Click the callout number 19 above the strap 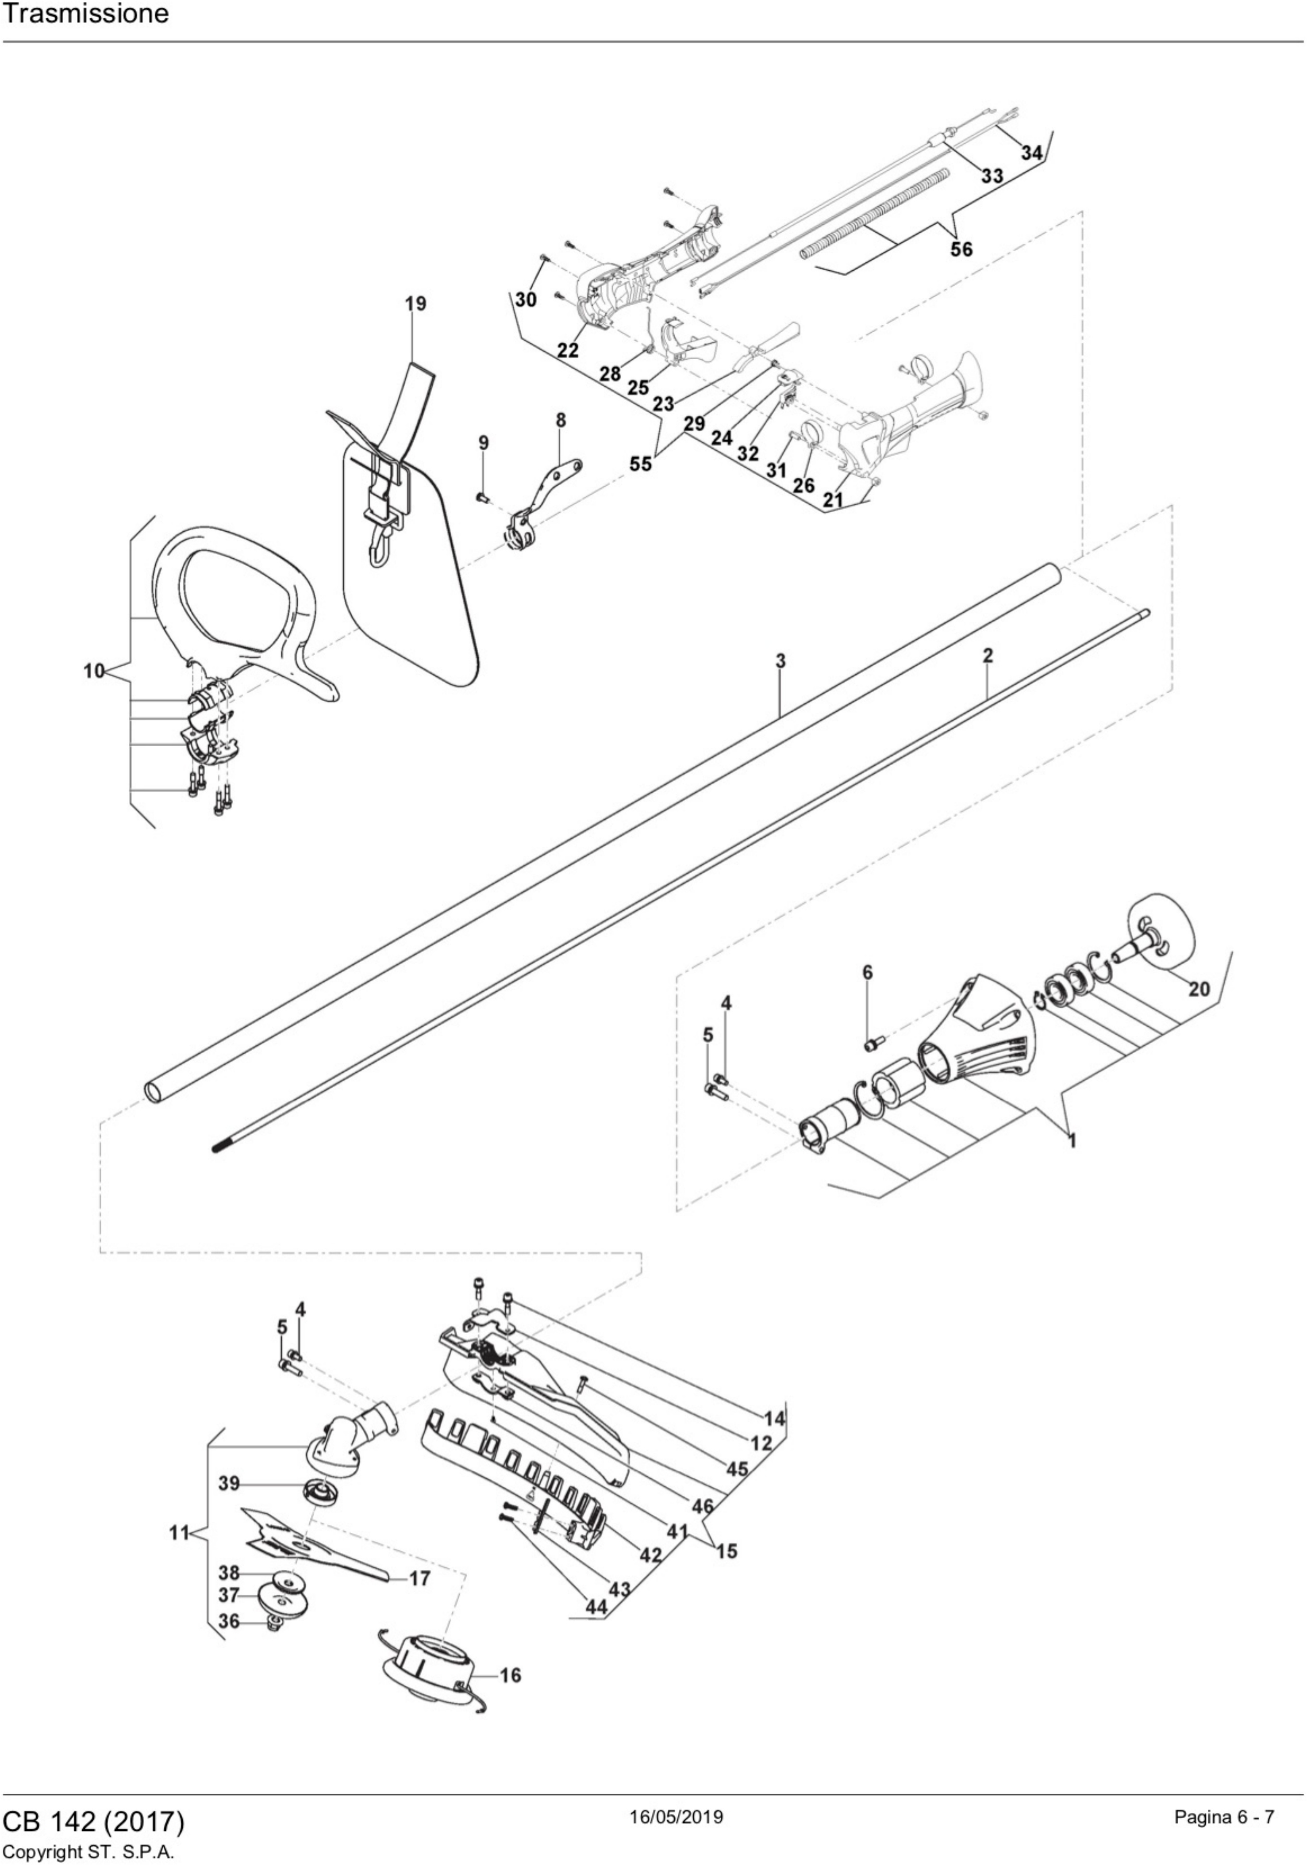click(x=415, y=304)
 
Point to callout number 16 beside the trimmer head click(x=510, y=1675)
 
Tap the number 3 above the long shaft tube click(x=780, y=660)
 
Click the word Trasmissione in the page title click(x=85, y=14)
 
